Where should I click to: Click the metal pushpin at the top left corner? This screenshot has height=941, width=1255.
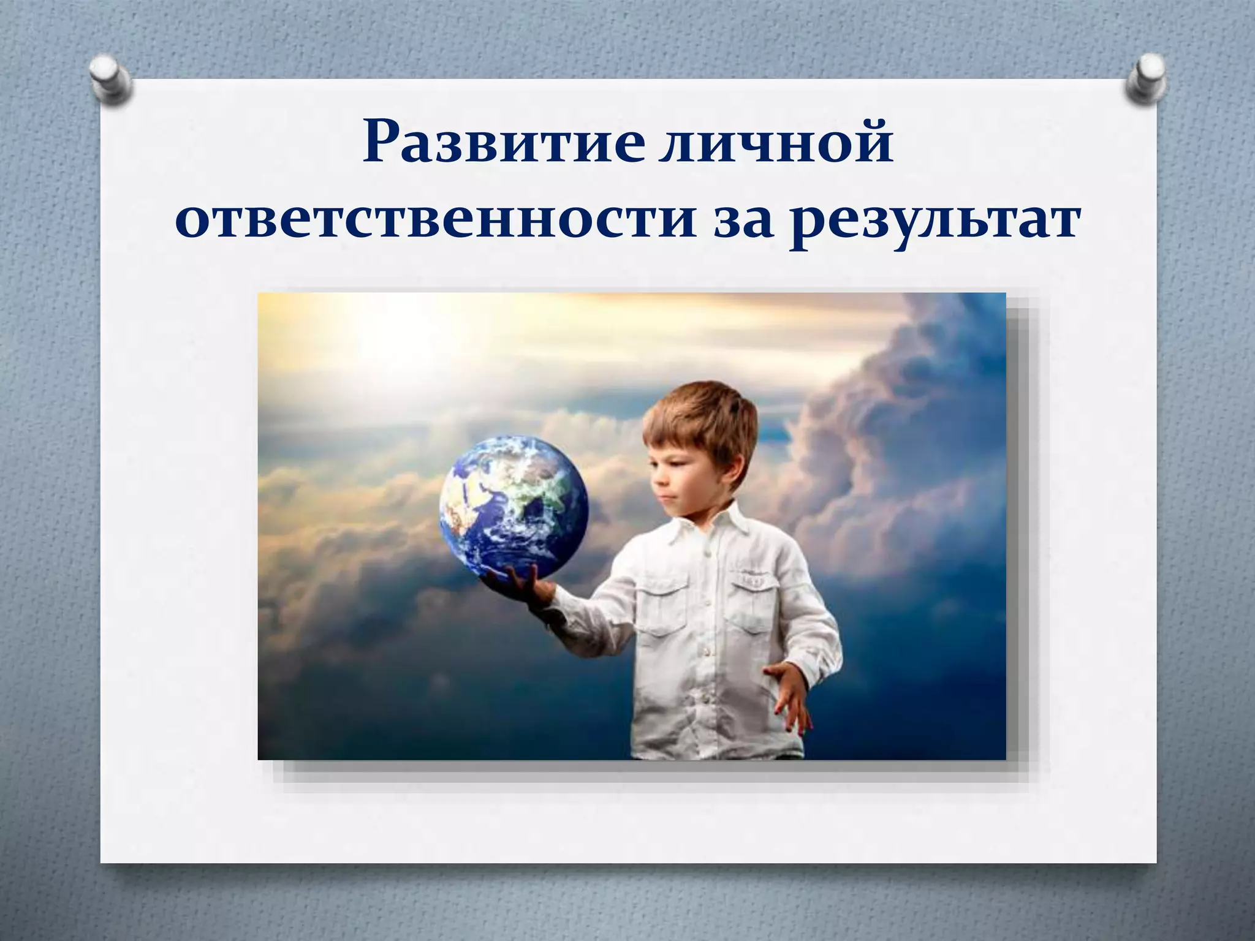[110, 80]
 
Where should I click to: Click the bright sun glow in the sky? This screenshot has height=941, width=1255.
[392, 337]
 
